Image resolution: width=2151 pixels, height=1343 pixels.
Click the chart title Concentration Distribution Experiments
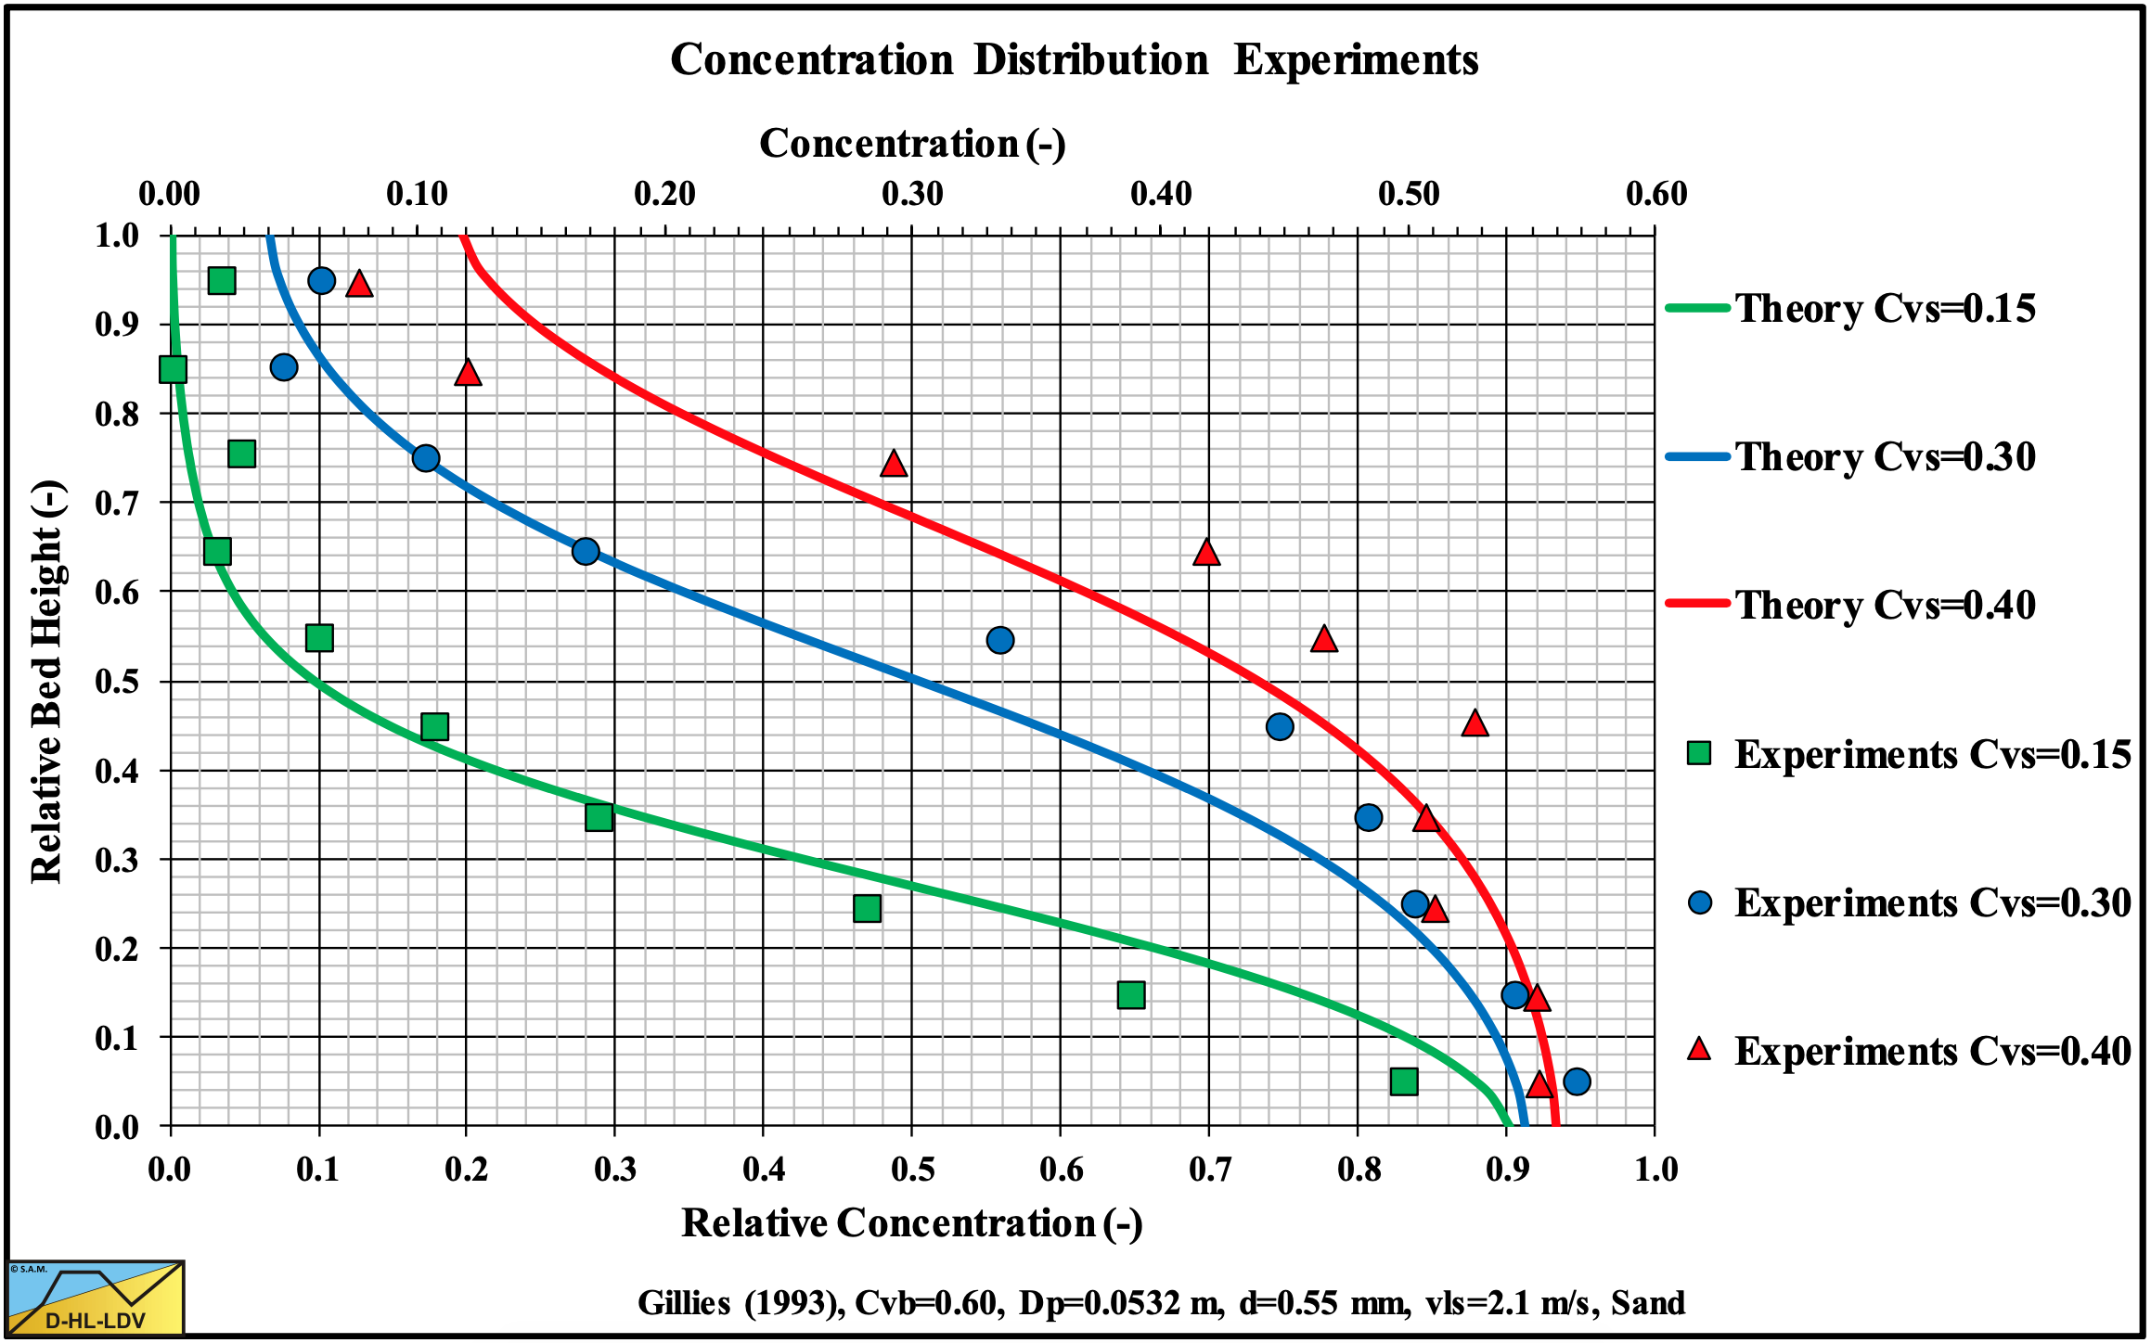point(1074,60)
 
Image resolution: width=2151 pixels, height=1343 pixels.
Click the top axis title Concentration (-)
point(912,144)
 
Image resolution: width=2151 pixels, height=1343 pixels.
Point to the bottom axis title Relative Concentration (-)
point(912,1223)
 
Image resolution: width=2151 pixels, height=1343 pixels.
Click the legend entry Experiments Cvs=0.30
point(1932,903)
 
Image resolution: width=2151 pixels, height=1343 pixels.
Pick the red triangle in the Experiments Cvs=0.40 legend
point(1699,1050)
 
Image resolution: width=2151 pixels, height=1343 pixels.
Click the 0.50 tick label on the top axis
point(1409,194)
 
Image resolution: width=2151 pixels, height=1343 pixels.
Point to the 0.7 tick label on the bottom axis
point(1210,1170)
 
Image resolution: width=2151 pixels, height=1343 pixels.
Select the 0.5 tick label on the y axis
point(117,682)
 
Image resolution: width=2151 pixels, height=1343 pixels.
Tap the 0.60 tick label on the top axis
point(1656,194)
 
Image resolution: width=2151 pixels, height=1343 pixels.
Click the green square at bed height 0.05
point(1404,1081)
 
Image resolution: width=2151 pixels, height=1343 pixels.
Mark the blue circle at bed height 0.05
point(1577,1081)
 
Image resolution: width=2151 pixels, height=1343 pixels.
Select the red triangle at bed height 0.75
point(894,464)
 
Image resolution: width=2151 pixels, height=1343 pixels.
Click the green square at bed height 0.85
point(174,369)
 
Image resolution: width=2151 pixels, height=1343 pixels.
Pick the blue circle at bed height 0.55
point(1000,640)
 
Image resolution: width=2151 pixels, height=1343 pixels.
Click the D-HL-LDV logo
point(96,1298)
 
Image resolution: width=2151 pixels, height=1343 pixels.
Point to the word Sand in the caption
point(1648,1303)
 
